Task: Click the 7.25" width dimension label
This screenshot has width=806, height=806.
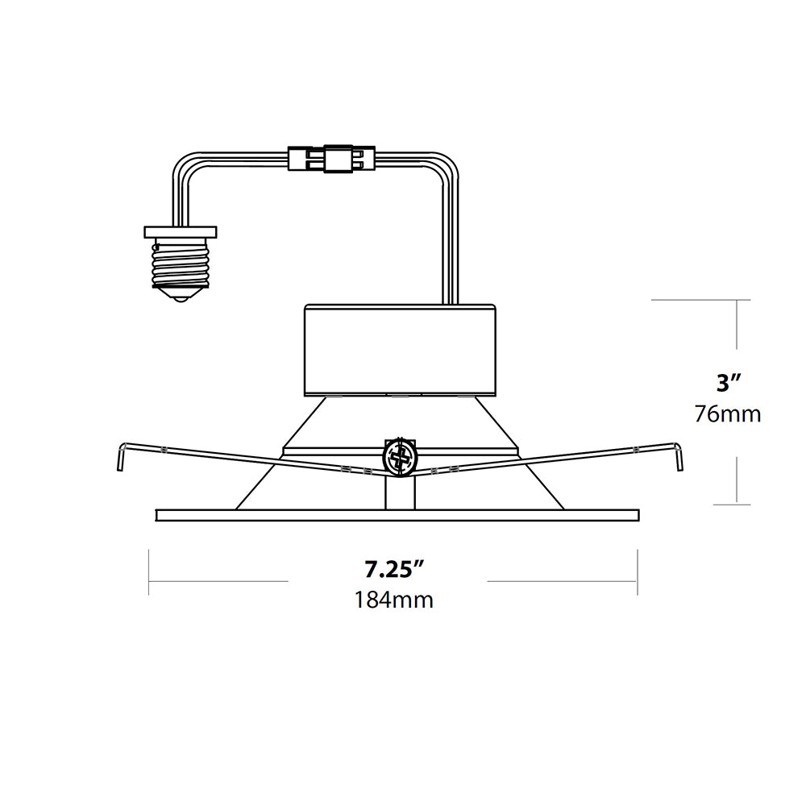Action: point(394,570)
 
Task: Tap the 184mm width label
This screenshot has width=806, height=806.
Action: point(394,600)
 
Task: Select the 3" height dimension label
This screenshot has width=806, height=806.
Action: point(729,383)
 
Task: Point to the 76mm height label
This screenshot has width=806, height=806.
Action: point(728,413)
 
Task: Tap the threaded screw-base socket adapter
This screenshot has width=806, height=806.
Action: point(181,265)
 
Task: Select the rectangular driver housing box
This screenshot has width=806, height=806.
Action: point(400,350)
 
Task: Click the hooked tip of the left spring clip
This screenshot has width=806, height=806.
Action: point(120,457)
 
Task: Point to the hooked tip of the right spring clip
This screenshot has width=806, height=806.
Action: point(679,457)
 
